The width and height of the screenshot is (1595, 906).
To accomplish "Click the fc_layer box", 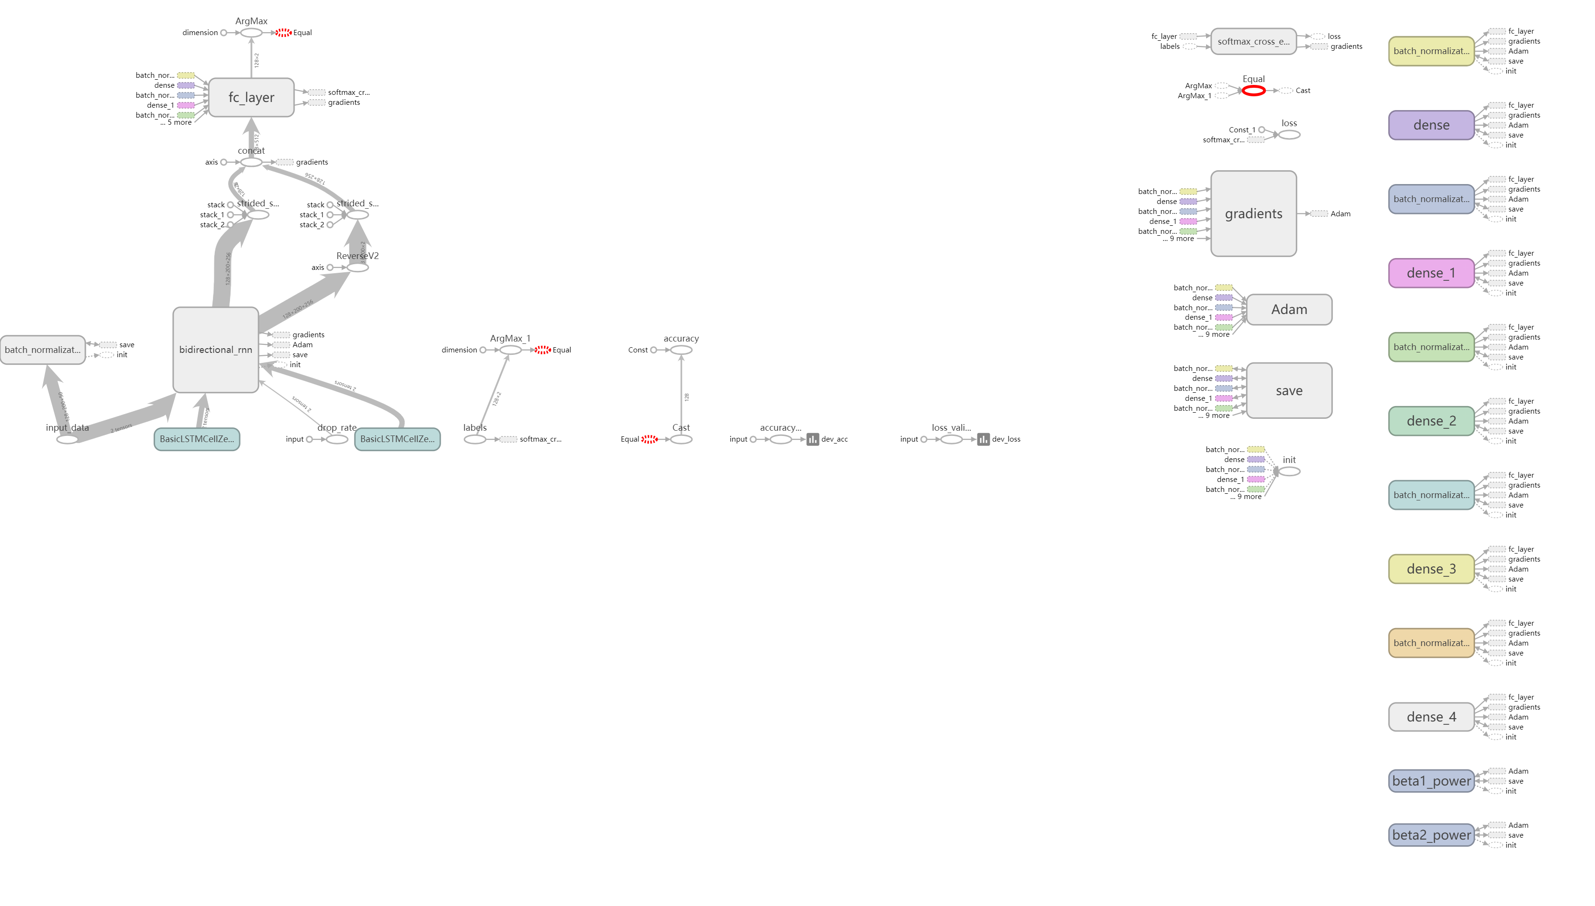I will (x=251, y=97).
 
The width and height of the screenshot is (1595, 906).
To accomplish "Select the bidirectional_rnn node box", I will (x=215, y=350).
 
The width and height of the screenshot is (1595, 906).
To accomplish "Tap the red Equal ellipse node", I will (x=1253, y=91).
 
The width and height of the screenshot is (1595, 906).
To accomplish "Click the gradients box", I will (x=1253, y=213).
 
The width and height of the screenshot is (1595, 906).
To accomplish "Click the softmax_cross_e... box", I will (x=1253, y=42).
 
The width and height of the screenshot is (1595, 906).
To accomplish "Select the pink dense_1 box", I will (x=1431, y=273).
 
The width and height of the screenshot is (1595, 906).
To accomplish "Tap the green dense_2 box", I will (x=1431, y=421).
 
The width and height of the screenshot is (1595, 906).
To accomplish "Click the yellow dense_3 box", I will (x=1431, y=569).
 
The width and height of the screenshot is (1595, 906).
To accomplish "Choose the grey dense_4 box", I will (x=1431, y=717).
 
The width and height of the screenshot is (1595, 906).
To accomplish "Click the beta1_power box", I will (x=1431, y=781).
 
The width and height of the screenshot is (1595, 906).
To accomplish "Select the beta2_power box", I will (x=1431, y=835).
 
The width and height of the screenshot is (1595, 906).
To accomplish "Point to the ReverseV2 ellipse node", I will (x=358, y=268).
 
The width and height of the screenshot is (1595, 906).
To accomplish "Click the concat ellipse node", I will (x=251, y=162).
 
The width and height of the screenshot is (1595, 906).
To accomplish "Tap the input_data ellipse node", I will (x=67, y=439).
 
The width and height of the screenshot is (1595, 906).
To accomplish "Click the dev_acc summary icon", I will (x=812, y=439).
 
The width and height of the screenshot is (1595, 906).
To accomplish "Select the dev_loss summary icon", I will (x=983, y=439).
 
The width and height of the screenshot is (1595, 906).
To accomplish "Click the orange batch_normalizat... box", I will (x=1431, y=643).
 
